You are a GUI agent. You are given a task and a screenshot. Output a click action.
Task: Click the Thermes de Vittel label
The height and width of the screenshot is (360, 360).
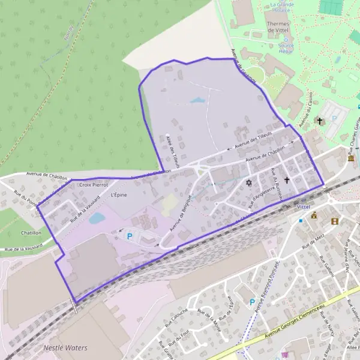pos(278,27)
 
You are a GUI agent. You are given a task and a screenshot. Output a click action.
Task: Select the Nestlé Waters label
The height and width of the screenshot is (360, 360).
pos(65,348)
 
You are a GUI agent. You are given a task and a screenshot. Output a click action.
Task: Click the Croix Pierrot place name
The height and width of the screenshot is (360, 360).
pos(93,185)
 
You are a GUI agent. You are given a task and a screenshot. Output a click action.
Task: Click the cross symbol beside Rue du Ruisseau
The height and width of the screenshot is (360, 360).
pos(287,179)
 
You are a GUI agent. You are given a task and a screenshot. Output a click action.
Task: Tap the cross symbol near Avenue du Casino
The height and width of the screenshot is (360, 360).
pos(320,121)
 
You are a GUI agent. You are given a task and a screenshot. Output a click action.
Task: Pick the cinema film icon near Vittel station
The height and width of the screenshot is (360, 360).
pos(334,220)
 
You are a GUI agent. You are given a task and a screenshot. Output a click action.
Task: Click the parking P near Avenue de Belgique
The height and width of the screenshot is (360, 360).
pos(129,236)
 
